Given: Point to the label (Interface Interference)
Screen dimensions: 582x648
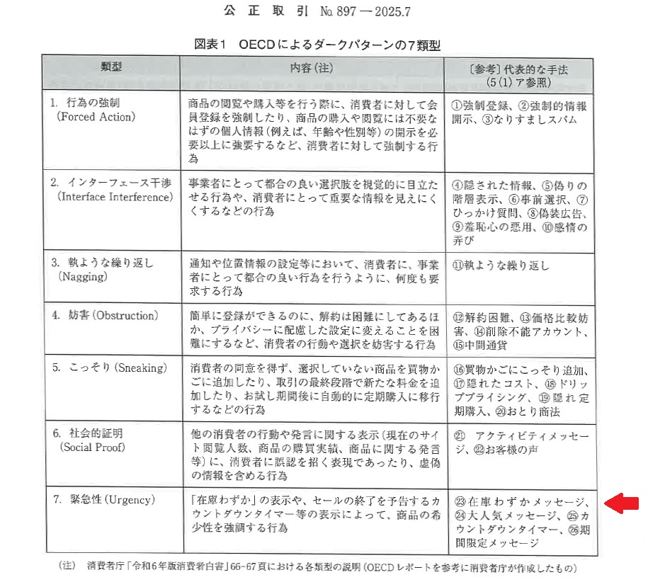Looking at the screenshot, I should tap(114, 196).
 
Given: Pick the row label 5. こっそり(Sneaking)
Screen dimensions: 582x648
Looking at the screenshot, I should tap(108, 368).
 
